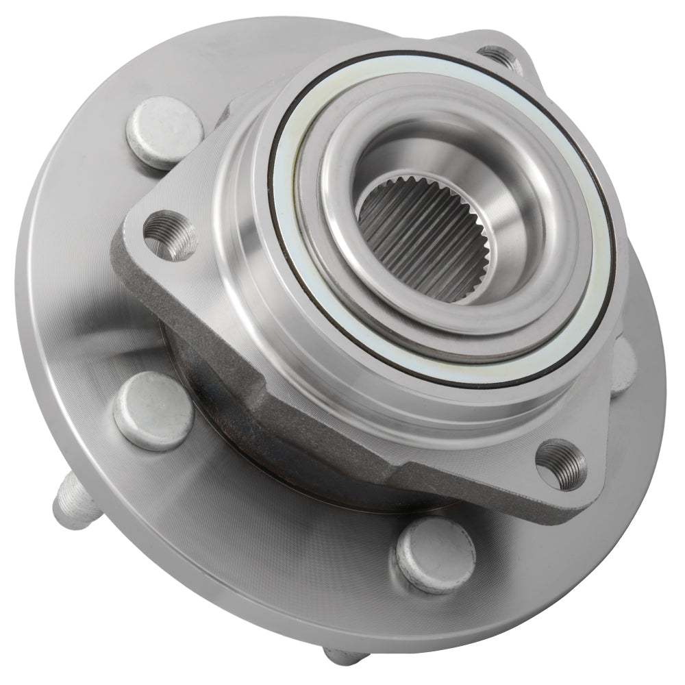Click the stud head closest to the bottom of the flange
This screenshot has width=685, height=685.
point(434,554)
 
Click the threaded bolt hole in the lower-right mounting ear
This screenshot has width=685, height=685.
point(560,464)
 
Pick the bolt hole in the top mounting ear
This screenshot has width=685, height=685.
point(499,56)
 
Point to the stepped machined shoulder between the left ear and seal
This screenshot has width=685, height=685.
point(236,206)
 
